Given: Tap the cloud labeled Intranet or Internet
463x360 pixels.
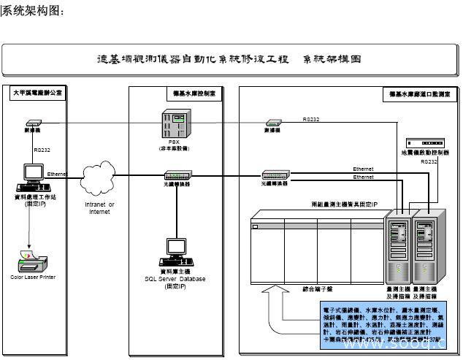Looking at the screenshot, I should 99,180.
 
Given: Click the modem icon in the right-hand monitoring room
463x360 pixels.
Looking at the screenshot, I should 273,122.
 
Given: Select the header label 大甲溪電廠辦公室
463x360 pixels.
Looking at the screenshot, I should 37,93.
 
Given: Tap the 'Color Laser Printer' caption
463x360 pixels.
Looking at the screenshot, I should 33,277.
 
